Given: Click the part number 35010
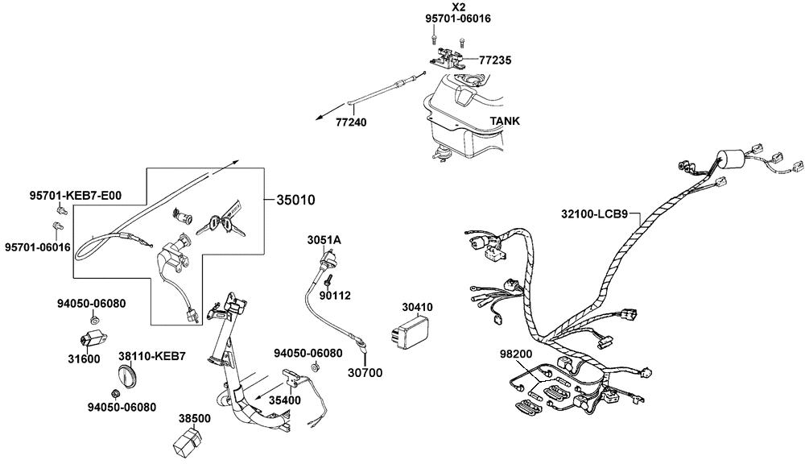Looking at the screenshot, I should tap(295, 200).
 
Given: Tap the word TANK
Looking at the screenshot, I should tap(505, 122).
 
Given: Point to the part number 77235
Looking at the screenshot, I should tap(495, 60).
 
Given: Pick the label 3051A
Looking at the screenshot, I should tap(324, 240).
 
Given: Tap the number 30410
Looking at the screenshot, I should tap(418, 307).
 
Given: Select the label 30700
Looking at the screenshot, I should tap(365, 373).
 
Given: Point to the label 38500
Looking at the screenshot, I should tap(194, 419).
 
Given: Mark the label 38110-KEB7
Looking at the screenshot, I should tap(152, 355).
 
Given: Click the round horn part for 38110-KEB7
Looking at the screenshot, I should tap(129, 376).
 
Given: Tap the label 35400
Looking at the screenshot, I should tap(285, 400).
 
